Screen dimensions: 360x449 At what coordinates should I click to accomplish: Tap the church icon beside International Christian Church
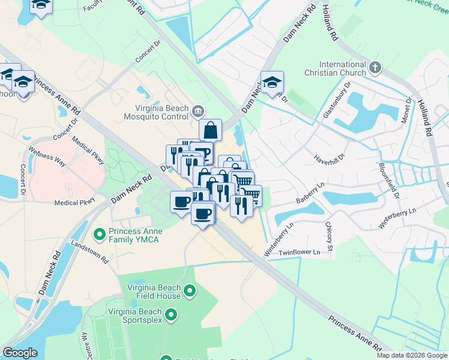(376, 67)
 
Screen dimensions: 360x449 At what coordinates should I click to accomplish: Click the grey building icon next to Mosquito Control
(199, 110)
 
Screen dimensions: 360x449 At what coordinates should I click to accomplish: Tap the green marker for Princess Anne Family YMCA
(100, 232)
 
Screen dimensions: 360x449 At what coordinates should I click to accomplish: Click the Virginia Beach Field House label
(154, 292)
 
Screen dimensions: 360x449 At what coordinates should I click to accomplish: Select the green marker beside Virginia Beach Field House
(190, 292)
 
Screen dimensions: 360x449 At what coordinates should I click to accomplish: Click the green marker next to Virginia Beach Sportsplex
(171, 314)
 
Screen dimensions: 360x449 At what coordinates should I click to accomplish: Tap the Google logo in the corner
(20, 352)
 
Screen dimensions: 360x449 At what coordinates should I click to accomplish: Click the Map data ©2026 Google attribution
(411, 355)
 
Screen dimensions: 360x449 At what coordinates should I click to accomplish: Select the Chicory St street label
(329, 236)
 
